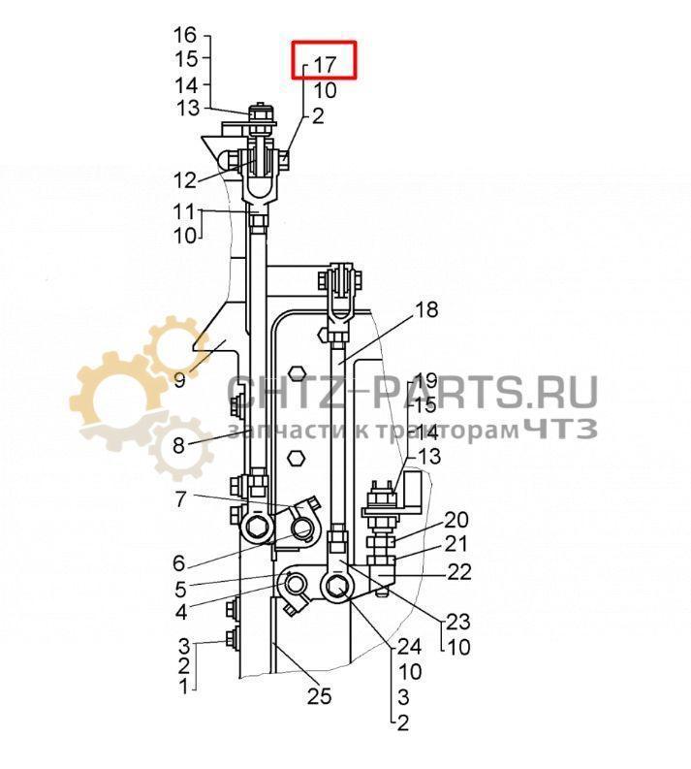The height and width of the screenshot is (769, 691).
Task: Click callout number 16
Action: pos(186,35)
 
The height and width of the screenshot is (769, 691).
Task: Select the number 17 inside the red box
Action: pos(325,64)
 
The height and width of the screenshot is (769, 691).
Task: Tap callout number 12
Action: pos(185,181)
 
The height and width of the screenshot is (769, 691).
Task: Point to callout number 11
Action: pos(184,211)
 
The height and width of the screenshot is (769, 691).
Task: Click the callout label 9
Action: pos(180,379)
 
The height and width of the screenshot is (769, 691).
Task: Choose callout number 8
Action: pos(179,446)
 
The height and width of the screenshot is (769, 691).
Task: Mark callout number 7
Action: pos(181,499)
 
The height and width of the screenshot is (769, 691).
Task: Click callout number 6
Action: pos(179,563)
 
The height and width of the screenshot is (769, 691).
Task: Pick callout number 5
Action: pos(180,589)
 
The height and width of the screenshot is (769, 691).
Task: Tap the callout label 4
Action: pos(181,612)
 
